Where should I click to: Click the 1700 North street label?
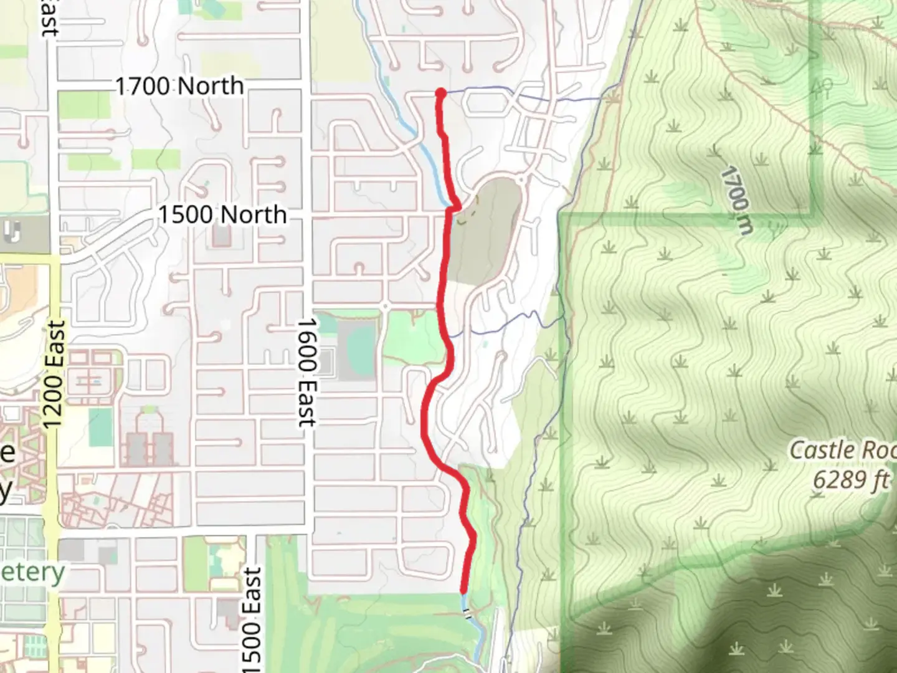179,86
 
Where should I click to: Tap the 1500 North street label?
222,215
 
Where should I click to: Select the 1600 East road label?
306,373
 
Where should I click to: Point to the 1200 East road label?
55,374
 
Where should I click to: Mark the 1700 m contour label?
738,199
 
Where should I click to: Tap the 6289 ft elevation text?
851,480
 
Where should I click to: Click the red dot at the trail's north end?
440,93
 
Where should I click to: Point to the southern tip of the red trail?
463,590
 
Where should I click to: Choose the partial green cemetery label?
32,572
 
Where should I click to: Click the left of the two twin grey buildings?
136,449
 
